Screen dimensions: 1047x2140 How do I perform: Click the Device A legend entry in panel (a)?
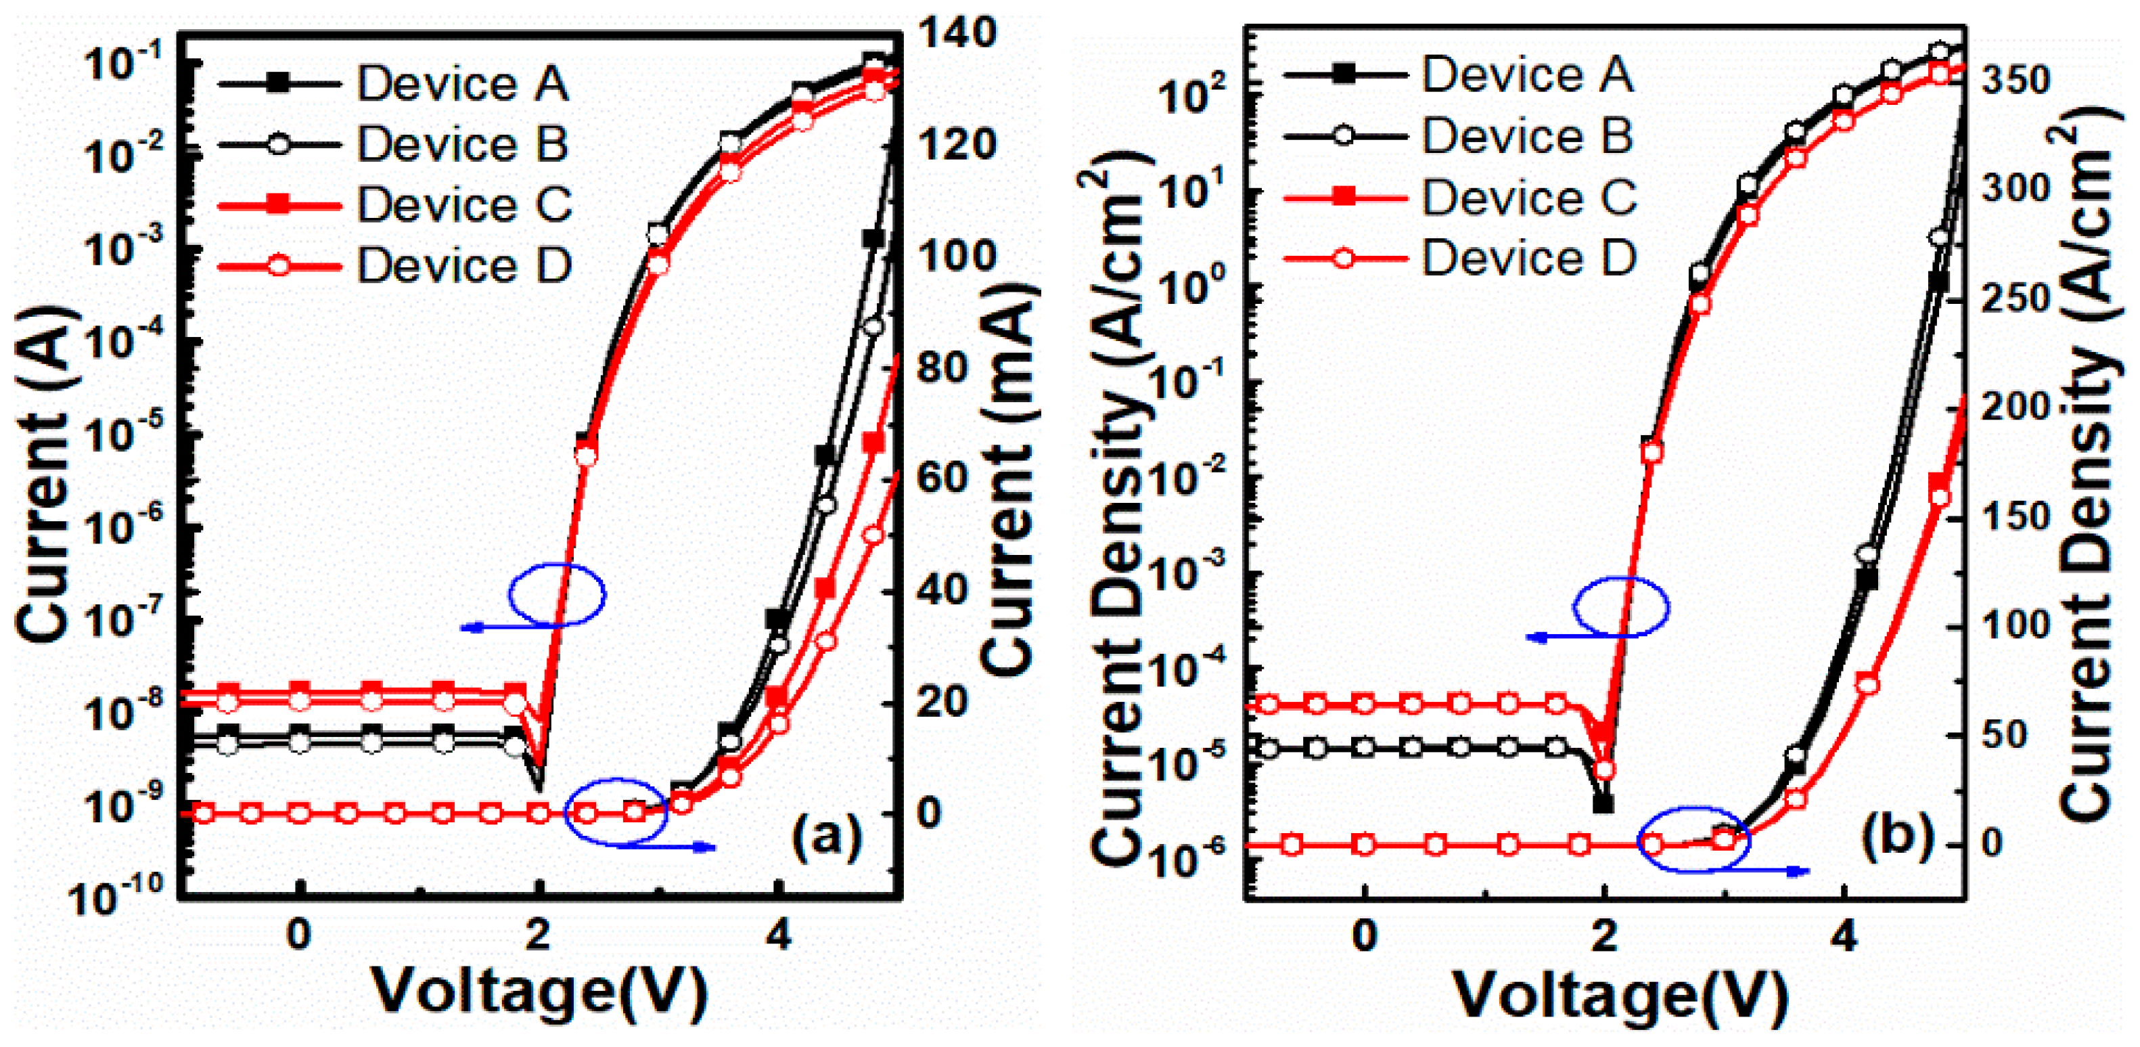coord(462,83)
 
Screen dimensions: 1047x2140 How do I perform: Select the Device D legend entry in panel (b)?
coord(1528,258)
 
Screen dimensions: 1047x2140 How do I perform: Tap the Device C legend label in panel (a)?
coord(463,204)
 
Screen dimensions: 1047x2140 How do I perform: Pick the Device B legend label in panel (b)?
coord(1527,135)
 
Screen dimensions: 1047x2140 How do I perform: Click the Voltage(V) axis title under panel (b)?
coord(1620,992)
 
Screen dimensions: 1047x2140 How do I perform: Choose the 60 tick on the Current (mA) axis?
coord(944,478)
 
